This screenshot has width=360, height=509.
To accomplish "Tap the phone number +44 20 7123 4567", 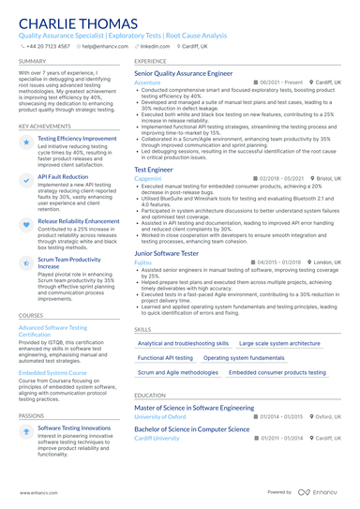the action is (x=48, y=45).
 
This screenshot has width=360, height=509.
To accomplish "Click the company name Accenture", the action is (x=148, y=82).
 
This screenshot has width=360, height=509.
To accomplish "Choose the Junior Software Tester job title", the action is (x=170, y=253).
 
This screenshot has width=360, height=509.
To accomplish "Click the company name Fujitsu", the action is (x=143, y=263).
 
